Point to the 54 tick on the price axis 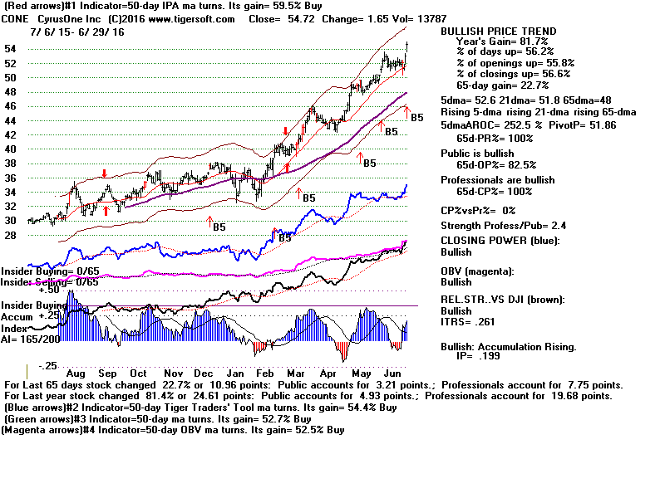click(12, 49)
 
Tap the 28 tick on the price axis click(12, 235)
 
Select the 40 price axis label click(12, 149)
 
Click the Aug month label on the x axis click(76, 374)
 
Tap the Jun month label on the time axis click(394, 374)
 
